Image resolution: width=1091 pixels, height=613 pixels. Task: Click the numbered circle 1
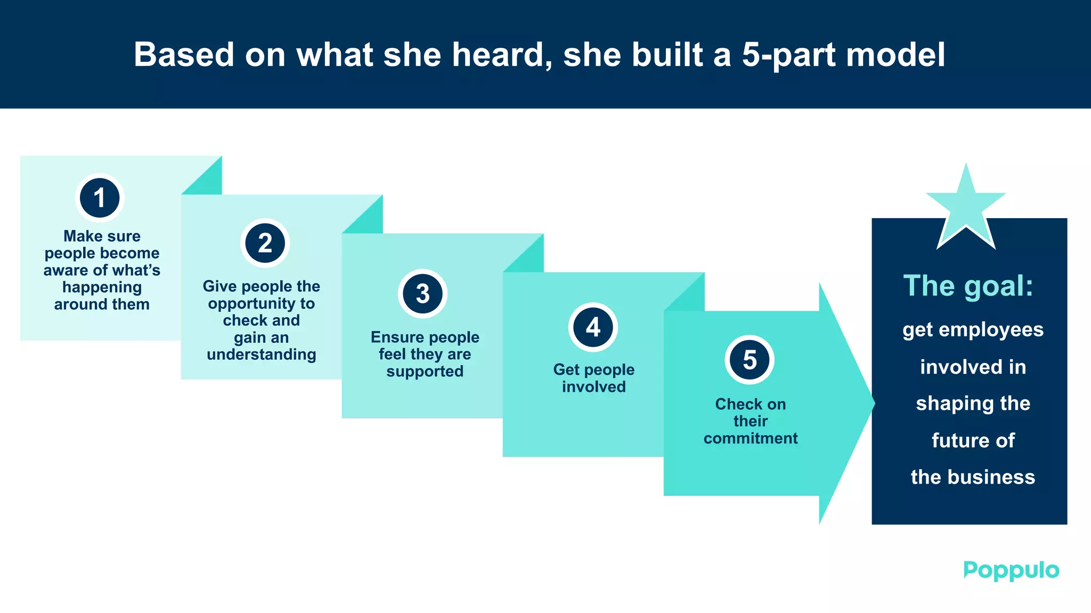100,198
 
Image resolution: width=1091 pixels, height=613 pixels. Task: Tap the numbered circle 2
265,243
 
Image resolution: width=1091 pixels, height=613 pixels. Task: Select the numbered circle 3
422,294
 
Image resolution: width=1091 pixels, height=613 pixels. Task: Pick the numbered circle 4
593,327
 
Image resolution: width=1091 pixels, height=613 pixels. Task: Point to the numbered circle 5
750,360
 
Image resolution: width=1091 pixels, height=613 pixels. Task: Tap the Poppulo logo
1011,570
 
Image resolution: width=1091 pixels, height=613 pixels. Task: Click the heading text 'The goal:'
968,286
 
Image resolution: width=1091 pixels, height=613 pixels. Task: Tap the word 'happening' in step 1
102,287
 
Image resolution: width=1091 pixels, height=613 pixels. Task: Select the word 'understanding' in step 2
261,354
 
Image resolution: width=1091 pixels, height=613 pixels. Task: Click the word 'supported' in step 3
425,371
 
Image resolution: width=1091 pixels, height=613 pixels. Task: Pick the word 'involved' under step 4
593,387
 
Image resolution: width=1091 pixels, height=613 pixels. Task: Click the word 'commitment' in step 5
750,438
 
